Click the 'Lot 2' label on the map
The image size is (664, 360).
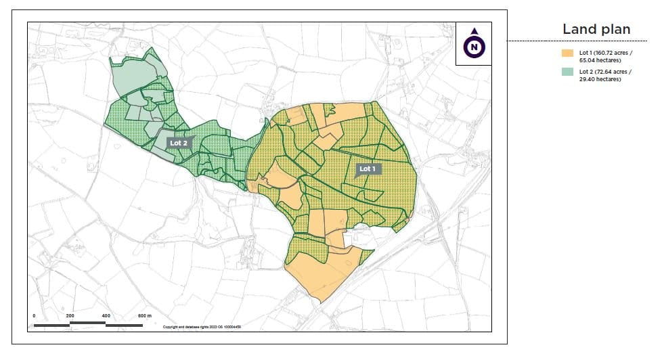pos(179,143)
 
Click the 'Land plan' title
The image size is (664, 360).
pos(596,29)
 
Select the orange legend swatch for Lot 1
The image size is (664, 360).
pos(567,52)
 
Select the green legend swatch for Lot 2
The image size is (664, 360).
pos(567,71)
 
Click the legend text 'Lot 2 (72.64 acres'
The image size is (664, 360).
pos(605,71)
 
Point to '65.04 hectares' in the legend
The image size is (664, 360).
pos(600,60)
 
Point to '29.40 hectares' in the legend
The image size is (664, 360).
pos(600,79)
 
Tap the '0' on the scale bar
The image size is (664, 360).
pos(34,316)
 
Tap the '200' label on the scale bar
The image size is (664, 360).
pos(70,316)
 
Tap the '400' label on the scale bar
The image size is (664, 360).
pos(106,316)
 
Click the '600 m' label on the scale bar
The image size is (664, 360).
pos(145,316)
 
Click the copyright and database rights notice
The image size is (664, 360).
pos(202,327)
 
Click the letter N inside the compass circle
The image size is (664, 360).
pos(474,47)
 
